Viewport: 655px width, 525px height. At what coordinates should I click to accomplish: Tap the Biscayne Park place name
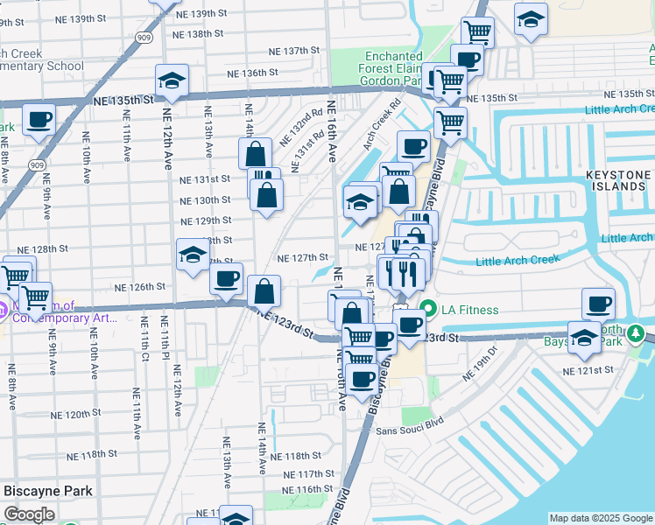pyautogui.click(x=49, y=491)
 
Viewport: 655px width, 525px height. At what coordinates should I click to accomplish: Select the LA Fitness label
pyautogui.click(x=470, y=309)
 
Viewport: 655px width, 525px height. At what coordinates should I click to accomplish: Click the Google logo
pyautogui.click(x=29, y=514)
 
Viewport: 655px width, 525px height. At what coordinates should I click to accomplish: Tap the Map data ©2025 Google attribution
pyautogui.click(x=601, y=519)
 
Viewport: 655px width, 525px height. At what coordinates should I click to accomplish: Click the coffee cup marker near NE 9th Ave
pyautogui.click(x=39, y=120)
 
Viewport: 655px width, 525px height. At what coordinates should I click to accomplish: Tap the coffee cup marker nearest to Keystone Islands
pyautogui.click(x=599, y=304)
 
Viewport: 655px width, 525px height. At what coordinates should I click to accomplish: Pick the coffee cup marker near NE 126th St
pyautogui.click(x=227, y=280)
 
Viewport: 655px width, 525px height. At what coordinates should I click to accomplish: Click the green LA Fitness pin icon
pyautogui.click(x=429, y=309)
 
